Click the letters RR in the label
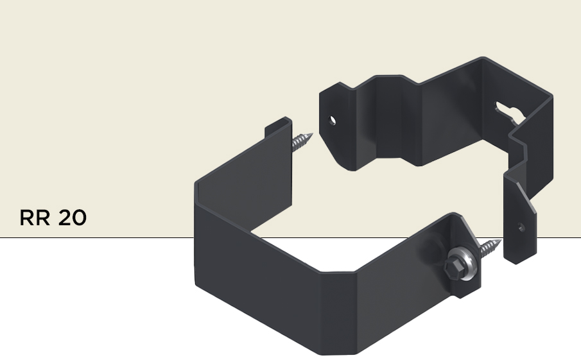tap(35, 218)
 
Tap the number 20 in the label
tap(73, 218)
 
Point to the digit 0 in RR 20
tap(80, 218)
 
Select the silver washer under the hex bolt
tap(463, 262)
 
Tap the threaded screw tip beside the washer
tap(490, 248)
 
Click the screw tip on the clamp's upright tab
tap(302, 141)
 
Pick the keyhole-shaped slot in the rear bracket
tap(510, 112)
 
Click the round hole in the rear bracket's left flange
tap(333, 121)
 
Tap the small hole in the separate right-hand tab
tap(521, 227)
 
